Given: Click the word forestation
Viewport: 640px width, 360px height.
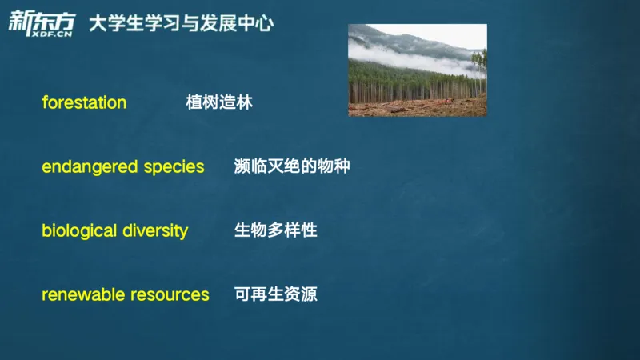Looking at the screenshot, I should (84, 102).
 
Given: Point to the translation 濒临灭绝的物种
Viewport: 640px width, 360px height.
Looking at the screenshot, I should (292, 167).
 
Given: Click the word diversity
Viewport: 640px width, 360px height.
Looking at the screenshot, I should (155, 231).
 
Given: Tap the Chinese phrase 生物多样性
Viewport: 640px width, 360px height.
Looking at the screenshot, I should (275, 230).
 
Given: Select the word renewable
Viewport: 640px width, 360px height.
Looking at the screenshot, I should (83, 294).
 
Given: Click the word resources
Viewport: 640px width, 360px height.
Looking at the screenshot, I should (171, 294).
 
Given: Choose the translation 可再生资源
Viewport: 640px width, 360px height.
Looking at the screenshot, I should (275, 294).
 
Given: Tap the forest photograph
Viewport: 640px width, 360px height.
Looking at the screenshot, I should (417, 70).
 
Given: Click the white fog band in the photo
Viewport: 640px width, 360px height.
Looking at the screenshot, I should (400, 57).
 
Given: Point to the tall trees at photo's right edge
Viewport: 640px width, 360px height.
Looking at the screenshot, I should (478, 76).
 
